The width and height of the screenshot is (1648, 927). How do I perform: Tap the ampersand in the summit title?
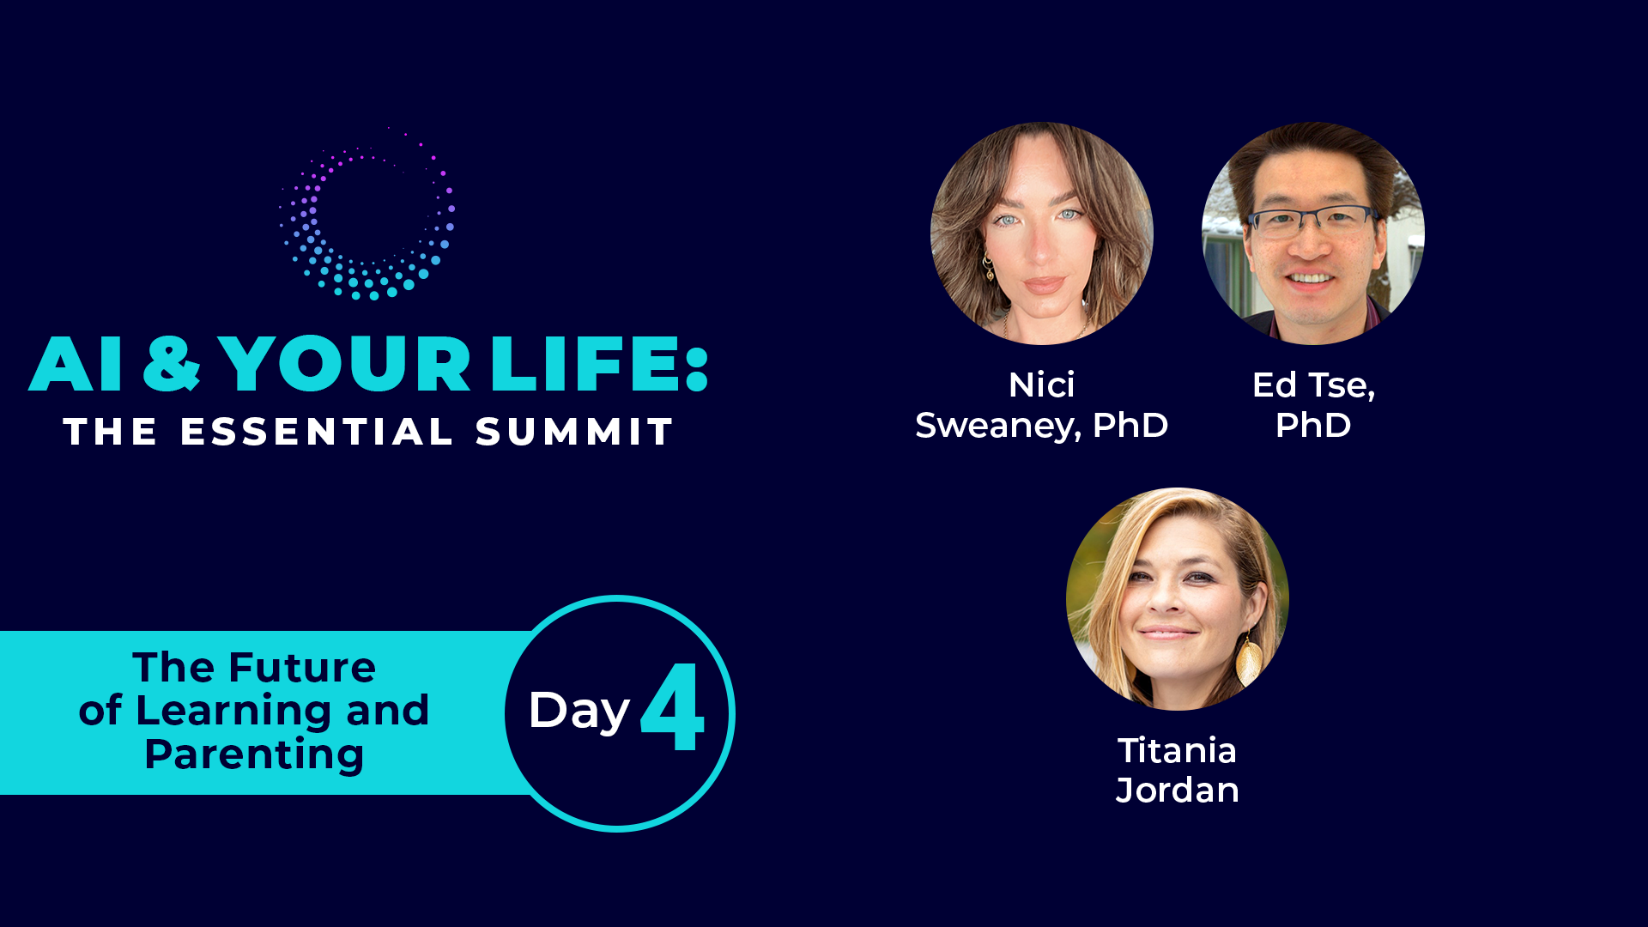172,363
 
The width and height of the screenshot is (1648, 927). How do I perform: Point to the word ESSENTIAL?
317,432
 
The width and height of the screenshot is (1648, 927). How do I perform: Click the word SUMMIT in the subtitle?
574,432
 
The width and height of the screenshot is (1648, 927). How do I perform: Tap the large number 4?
672,706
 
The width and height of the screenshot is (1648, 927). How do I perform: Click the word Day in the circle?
579,712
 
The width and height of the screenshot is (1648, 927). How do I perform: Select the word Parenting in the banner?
254,755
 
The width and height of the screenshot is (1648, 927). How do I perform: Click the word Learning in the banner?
232,712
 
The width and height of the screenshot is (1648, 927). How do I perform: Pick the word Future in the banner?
302,668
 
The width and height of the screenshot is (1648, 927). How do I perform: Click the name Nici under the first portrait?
1041,385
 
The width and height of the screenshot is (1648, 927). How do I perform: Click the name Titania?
1177,751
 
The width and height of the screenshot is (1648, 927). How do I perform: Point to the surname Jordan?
1177,791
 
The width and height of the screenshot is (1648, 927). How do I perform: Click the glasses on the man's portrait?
1312,221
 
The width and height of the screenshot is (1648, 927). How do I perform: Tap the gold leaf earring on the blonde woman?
1249,659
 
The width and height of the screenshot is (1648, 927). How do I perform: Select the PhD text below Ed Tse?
1312,426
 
